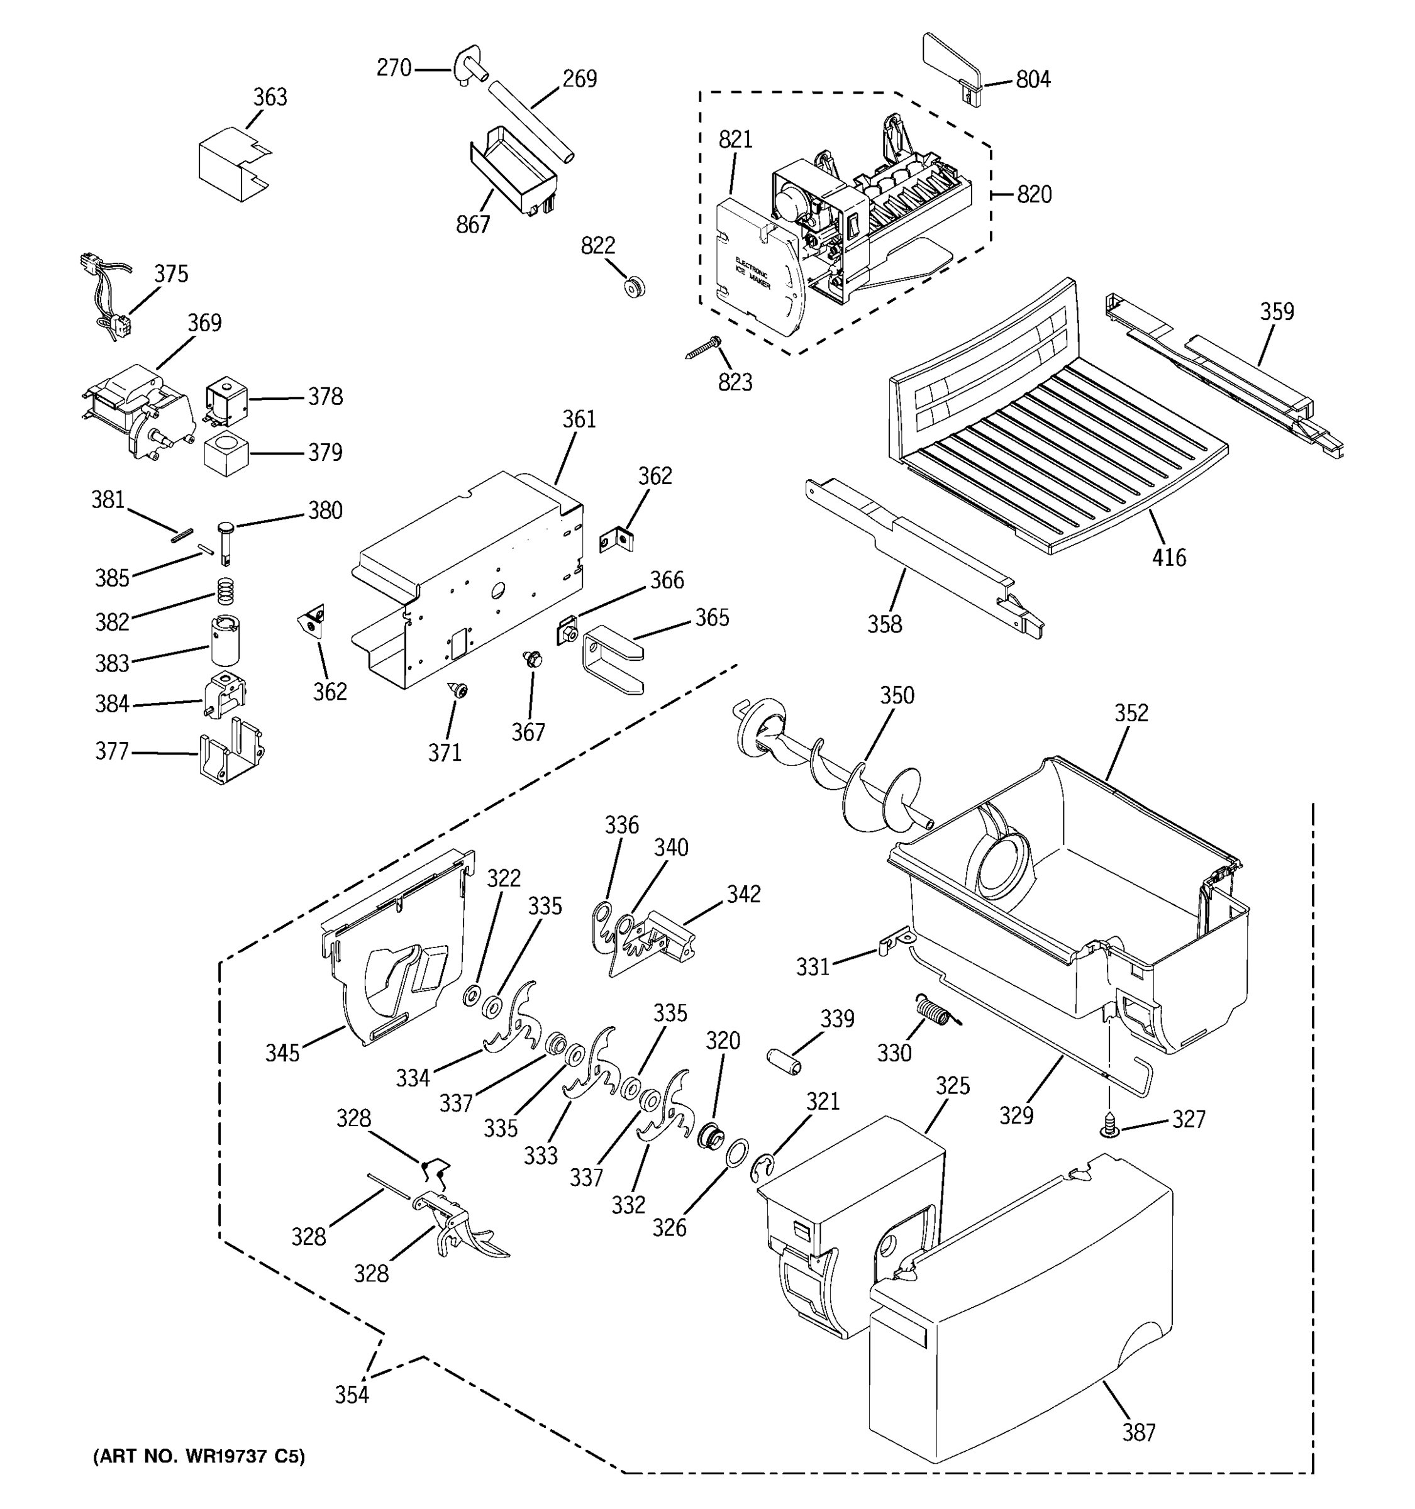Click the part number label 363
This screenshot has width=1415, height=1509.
click(270, 97)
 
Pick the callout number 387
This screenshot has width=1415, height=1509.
click(1139, 1432)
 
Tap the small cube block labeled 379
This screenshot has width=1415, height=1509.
click(226, 454)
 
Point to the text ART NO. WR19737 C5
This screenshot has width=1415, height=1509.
click(199, 1456)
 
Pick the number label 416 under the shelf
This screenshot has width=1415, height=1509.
click(1168, 557)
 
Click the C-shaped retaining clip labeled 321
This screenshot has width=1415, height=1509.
click(762, 1169)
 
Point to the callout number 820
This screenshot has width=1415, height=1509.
click(1034, 194)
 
